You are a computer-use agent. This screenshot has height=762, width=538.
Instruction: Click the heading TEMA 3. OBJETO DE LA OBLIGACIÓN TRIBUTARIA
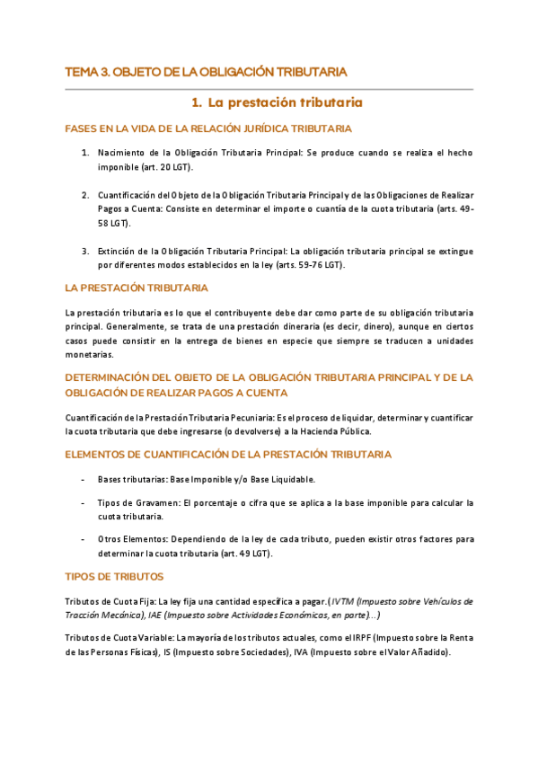tap(207, 71)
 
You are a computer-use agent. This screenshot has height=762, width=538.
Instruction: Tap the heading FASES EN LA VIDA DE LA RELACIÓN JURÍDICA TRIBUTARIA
tap(208, 129)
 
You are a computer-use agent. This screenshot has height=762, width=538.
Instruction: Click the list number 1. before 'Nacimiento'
tap(85, 154)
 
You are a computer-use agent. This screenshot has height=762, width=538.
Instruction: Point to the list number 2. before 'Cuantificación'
tap(85, 195)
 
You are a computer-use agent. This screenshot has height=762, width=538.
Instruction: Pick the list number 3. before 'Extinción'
tap(85, 251)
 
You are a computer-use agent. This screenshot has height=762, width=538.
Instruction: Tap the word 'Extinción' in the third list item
tap(117, 251)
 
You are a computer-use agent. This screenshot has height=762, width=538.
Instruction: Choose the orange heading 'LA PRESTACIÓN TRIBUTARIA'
tap(137, 288)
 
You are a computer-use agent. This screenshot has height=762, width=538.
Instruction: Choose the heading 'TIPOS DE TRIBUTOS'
tap(114, 577)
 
